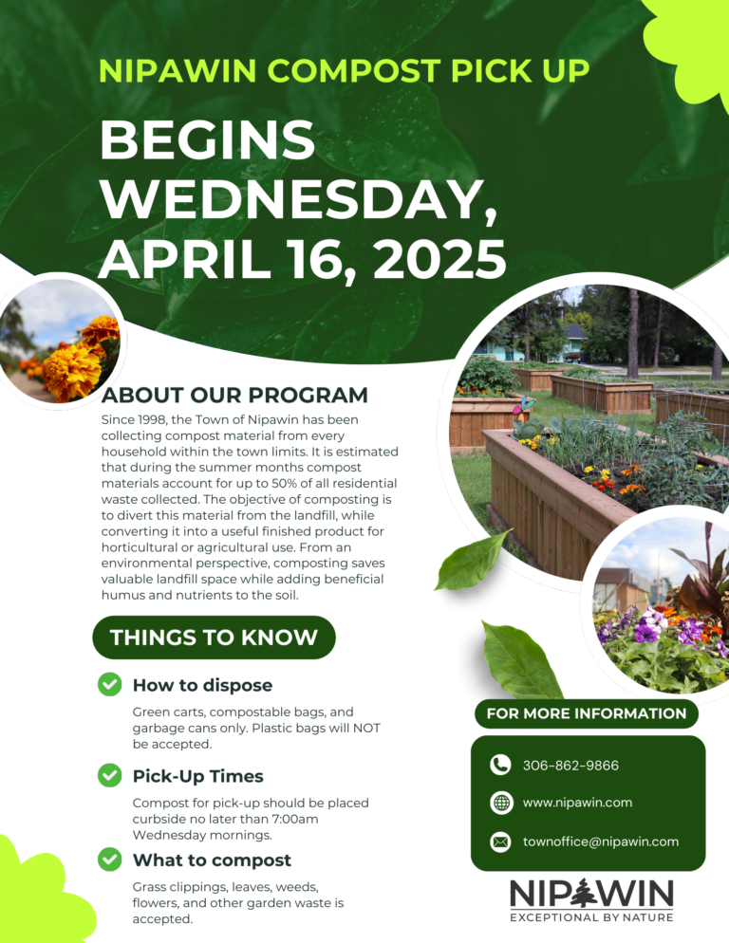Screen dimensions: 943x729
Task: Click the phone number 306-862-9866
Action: point(570,765)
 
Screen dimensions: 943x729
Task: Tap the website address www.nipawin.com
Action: point(577,803)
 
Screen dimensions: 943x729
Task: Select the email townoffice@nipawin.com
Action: point(600,841)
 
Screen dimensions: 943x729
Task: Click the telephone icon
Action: point(500,765)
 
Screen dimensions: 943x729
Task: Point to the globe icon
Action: point(500,803)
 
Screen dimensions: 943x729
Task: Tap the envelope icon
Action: point(500,841)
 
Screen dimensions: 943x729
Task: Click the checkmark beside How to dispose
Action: point(110,684)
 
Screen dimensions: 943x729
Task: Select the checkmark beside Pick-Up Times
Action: point(110,775)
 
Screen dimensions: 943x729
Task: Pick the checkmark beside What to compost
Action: point(110,860)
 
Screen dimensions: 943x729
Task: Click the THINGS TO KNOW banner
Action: point(214,638)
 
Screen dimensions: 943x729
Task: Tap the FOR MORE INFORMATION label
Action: point(586,713)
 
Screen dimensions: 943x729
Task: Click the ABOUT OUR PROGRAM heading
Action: point(234,395)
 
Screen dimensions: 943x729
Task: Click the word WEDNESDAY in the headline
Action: point(298,199)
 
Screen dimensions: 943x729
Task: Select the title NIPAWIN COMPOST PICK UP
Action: point(344,70)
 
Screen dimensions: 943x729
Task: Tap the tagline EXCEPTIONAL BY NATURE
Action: point(591,917)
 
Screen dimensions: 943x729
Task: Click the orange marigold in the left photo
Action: point(71,369)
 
